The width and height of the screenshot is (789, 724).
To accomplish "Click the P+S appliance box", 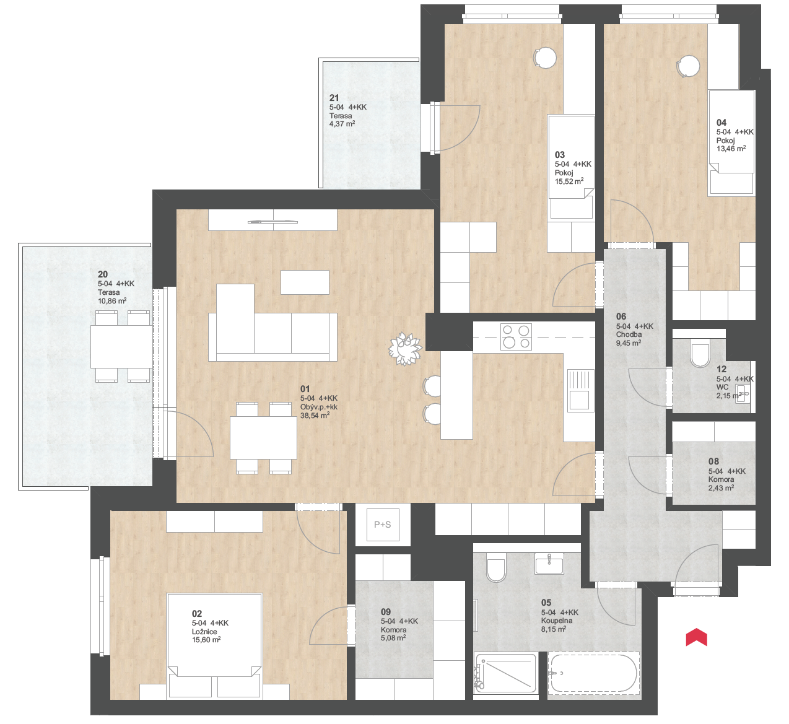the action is [x=382, y=525].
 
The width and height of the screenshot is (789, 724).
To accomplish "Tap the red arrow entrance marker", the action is [x=696, y=637].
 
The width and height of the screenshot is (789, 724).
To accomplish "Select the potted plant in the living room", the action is [x=405, y=349].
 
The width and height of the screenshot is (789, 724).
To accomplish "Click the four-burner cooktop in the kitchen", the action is [x=516, y=336].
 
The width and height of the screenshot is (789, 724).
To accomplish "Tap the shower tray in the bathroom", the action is [x=505, y=673].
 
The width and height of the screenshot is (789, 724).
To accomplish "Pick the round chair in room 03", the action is [x=545, y=58].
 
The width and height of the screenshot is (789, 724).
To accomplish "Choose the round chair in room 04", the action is [x=688, y=66].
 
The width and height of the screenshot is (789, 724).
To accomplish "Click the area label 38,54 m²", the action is [x=315, y=415].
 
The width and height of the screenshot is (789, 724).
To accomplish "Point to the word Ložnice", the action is [x=204, y=631].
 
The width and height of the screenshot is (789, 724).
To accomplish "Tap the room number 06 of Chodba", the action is [x=621, y=316].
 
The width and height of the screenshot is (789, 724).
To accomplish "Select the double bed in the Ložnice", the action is [x=215, y=645].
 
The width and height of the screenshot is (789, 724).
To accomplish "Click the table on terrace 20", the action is [x=121, y=347].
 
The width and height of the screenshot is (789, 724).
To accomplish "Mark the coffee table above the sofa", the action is [x=305, y=282].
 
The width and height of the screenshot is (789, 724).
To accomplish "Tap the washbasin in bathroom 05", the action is [x=549, y=564].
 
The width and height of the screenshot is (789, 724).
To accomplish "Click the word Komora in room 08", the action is [x=721, y=479].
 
